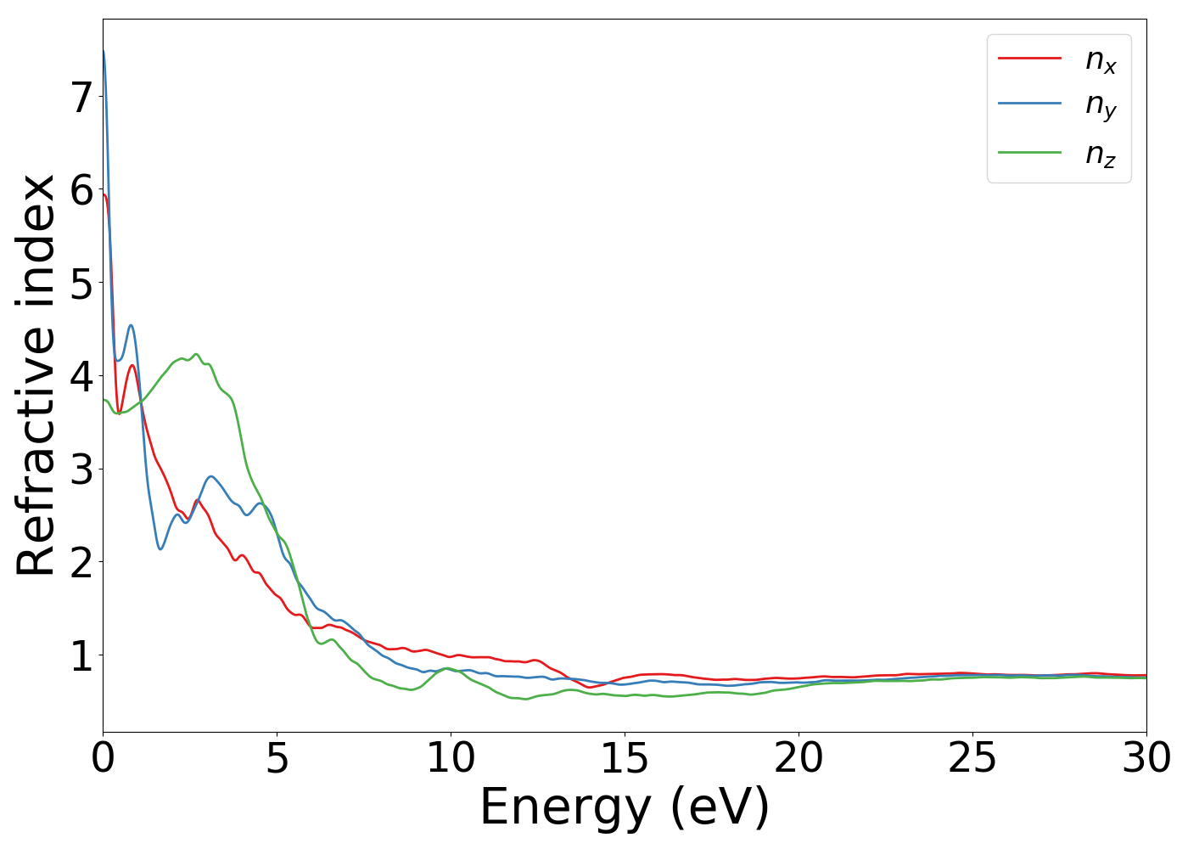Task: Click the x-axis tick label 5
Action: pos(277,758)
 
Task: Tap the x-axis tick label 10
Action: pos(451,758)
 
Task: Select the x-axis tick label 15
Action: pos(625,758)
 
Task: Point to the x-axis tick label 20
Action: pos(799,758)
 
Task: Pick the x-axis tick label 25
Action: pos(972,758)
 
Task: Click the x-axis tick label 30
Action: pos(1146,758)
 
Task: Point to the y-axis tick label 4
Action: pos(81,376)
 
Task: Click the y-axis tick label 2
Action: pos(81,563)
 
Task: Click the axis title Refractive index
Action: pos(36,375)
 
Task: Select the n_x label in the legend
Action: pos(1101,59)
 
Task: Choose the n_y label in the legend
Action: pos(1101,105)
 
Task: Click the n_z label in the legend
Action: pos(1101,154)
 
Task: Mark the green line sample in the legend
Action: pos(1029,152)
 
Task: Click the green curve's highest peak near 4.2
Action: pos(196,354)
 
